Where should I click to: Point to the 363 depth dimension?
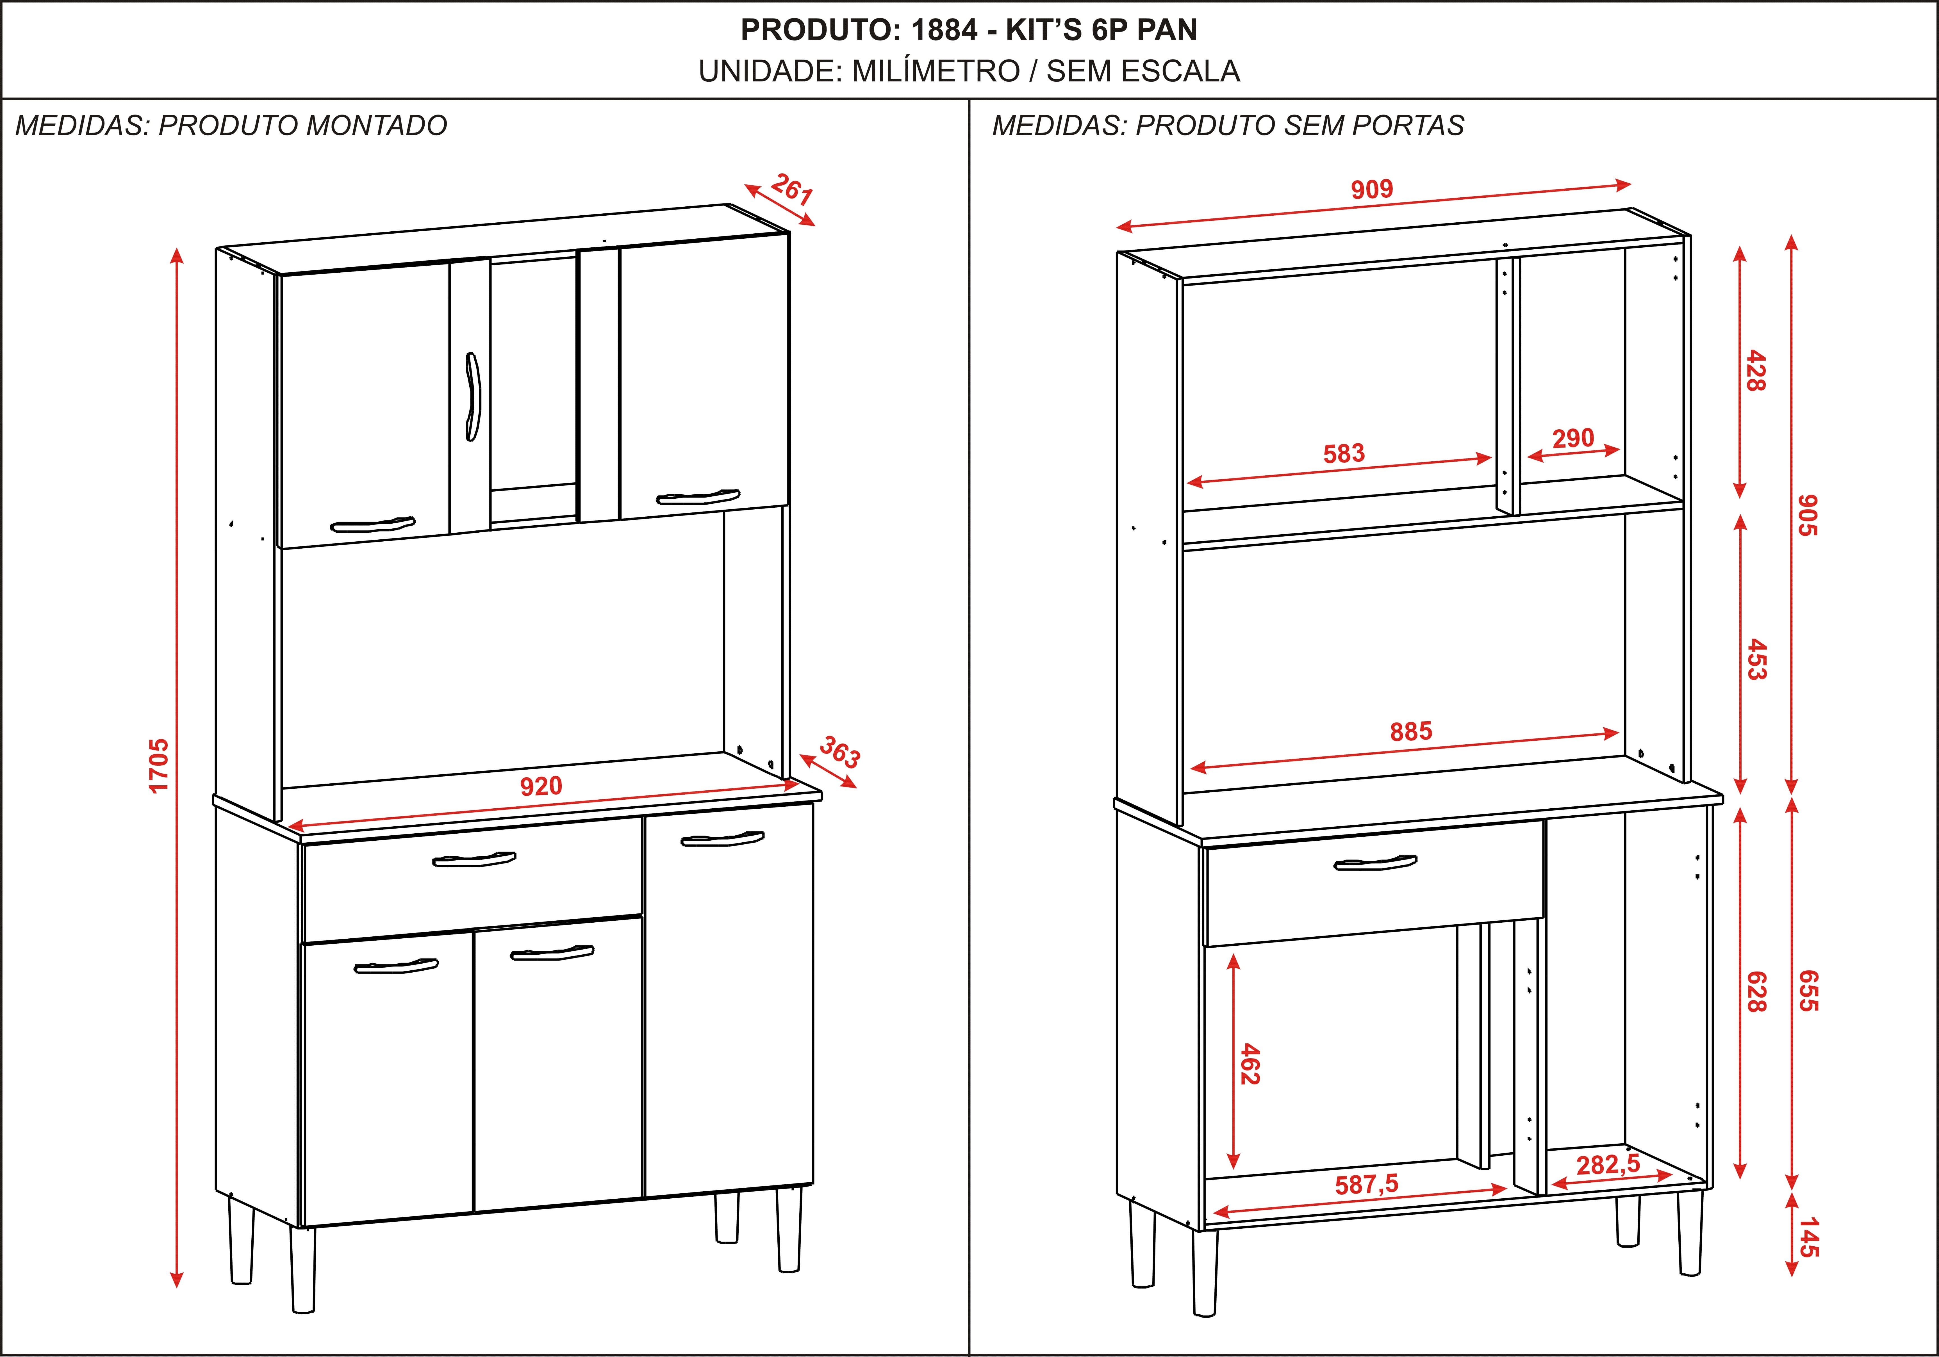(839, 752)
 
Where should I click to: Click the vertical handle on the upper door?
(472, 396)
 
